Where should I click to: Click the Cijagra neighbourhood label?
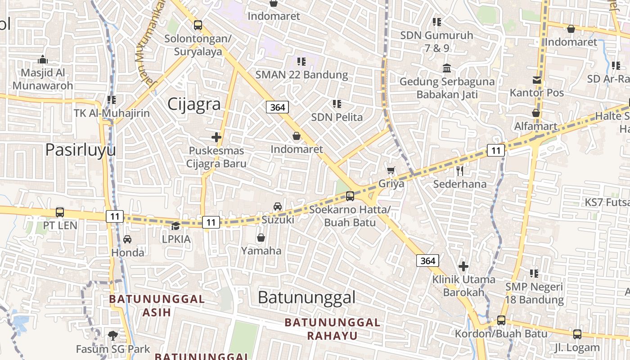point(194,104)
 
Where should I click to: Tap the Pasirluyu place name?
point(81,150)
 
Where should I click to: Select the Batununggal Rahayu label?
point(333,329)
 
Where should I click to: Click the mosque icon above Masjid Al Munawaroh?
point(43,59)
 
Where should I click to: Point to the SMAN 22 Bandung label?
point(301,75)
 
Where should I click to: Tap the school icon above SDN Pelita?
point(337,104)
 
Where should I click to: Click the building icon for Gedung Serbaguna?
point(447,68)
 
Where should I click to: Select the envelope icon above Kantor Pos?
point(536,80)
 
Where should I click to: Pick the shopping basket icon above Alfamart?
point(536,113)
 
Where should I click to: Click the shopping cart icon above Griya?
point(391,171)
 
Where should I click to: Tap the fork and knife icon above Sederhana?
point(459,171)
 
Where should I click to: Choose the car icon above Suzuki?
point(278,207)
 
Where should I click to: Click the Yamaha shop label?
point(261,251)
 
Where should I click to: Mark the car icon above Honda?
point(127,239)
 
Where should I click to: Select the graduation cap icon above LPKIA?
point(176,226)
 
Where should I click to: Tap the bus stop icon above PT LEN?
point(60,212)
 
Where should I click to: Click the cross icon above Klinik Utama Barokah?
point(463,266)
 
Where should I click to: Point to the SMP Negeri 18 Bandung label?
point(534,293)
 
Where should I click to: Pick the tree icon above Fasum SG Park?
point(112,335)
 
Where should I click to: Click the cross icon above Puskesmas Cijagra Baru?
point(216,137)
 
